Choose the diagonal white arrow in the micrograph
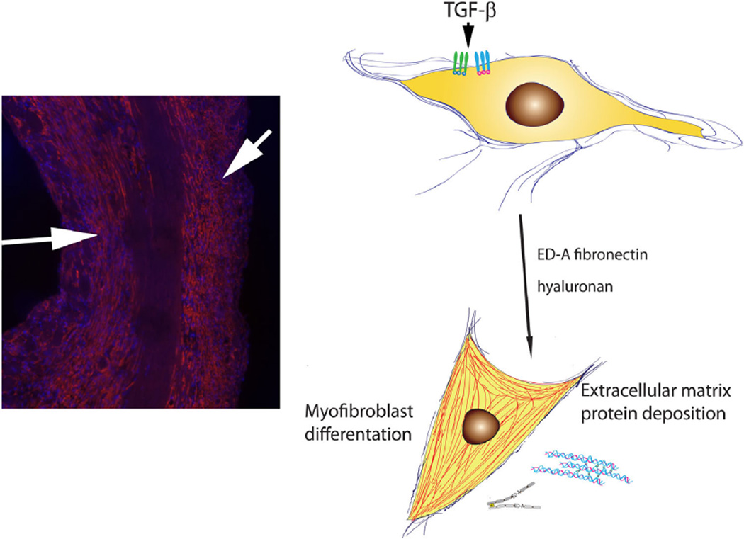[244, 156]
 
